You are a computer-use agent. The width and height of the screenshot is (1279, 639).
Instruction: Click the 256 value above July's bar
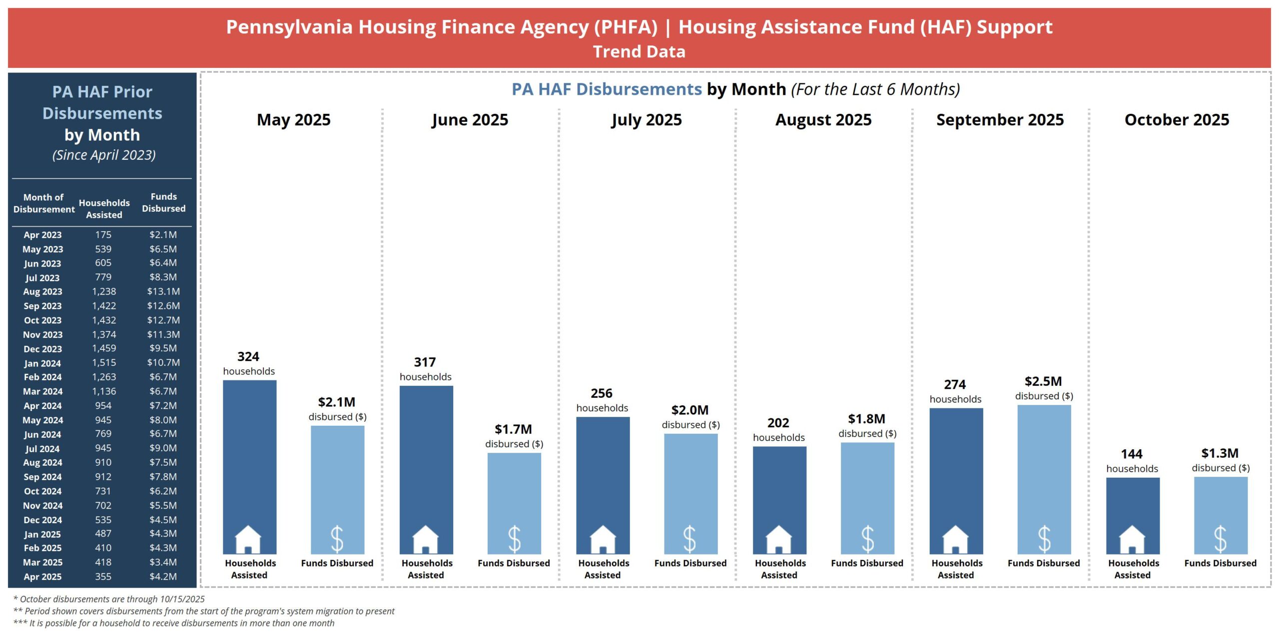point(602,393)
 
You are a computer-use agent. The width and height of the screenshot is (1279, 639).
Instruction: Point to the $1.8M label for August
point(866,419)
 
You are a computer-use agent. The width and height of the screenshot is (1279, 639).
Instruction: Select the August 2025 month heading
point(823,120)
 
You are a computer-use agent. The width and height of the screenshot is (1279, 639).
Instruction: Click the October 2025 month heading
point(1177,120)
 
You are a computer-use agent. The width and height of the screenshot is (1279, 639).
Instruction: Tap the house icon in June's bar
point(426,539)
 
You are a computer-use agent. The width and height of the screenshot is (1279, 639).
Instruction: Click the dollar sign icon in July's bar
point(690,539)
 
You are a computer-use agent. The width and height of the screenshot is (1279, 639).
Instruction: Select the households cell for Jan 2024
point(103,363)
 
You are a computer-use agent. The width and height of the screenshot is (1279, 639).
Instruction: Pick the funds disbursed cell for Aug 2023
point(163,292)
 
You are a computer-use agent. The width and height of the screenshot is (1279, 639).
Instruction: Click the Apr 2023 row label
point(42,235)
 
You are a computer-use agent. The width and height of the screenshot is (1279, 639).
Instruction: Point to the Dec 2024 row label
point(42,520)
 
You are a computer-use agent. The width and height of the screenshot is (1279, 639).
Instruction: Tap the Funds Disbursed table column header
point(163,203)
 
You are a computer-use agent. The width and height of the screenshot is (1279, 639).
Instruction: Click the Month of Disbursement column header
point(43,203)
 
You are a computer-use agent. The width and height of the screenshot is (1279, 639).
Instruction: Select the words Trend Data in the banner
point(639,52)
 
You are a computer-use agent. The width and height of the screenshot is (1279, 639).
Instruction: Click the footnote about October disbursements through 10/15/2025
point(109,599)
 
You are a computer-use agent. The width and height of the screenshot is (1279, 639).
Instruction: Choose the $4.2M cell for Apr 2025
point(163,577)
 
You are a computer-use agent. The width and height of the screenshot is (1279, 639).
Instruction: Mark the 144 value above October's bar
point(1131,454)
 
